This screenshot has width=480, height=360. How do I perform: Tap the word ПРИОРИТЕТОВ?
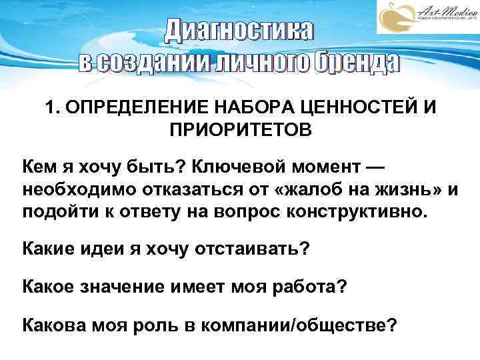click(240, 128)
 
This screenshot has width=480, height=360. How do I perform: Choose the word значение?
click(131, 287)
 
